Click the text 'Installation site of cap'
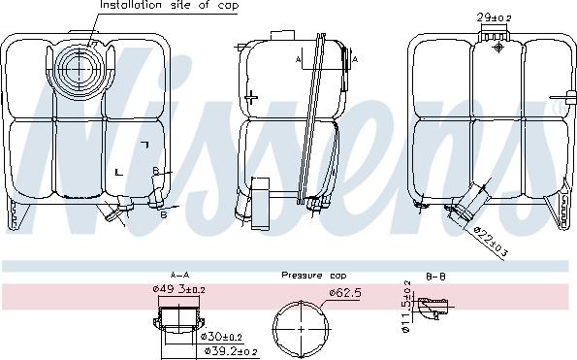[169, 6]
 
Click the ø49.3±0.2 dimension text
[178, 289]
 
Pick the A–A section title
[179, 275]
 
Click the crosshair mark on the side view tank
[251, 96]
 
